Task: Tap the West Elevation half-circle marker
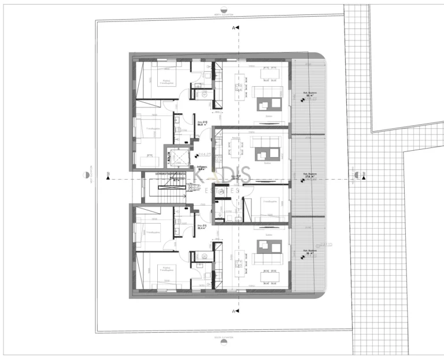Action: point(85,175)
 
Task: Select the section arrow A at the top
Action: point(236,27)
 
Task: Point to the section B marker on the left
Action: point(108,178)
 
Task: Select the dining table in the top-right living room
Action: point(267,75)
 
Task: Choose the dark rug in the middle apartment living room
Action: point(263,153)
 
